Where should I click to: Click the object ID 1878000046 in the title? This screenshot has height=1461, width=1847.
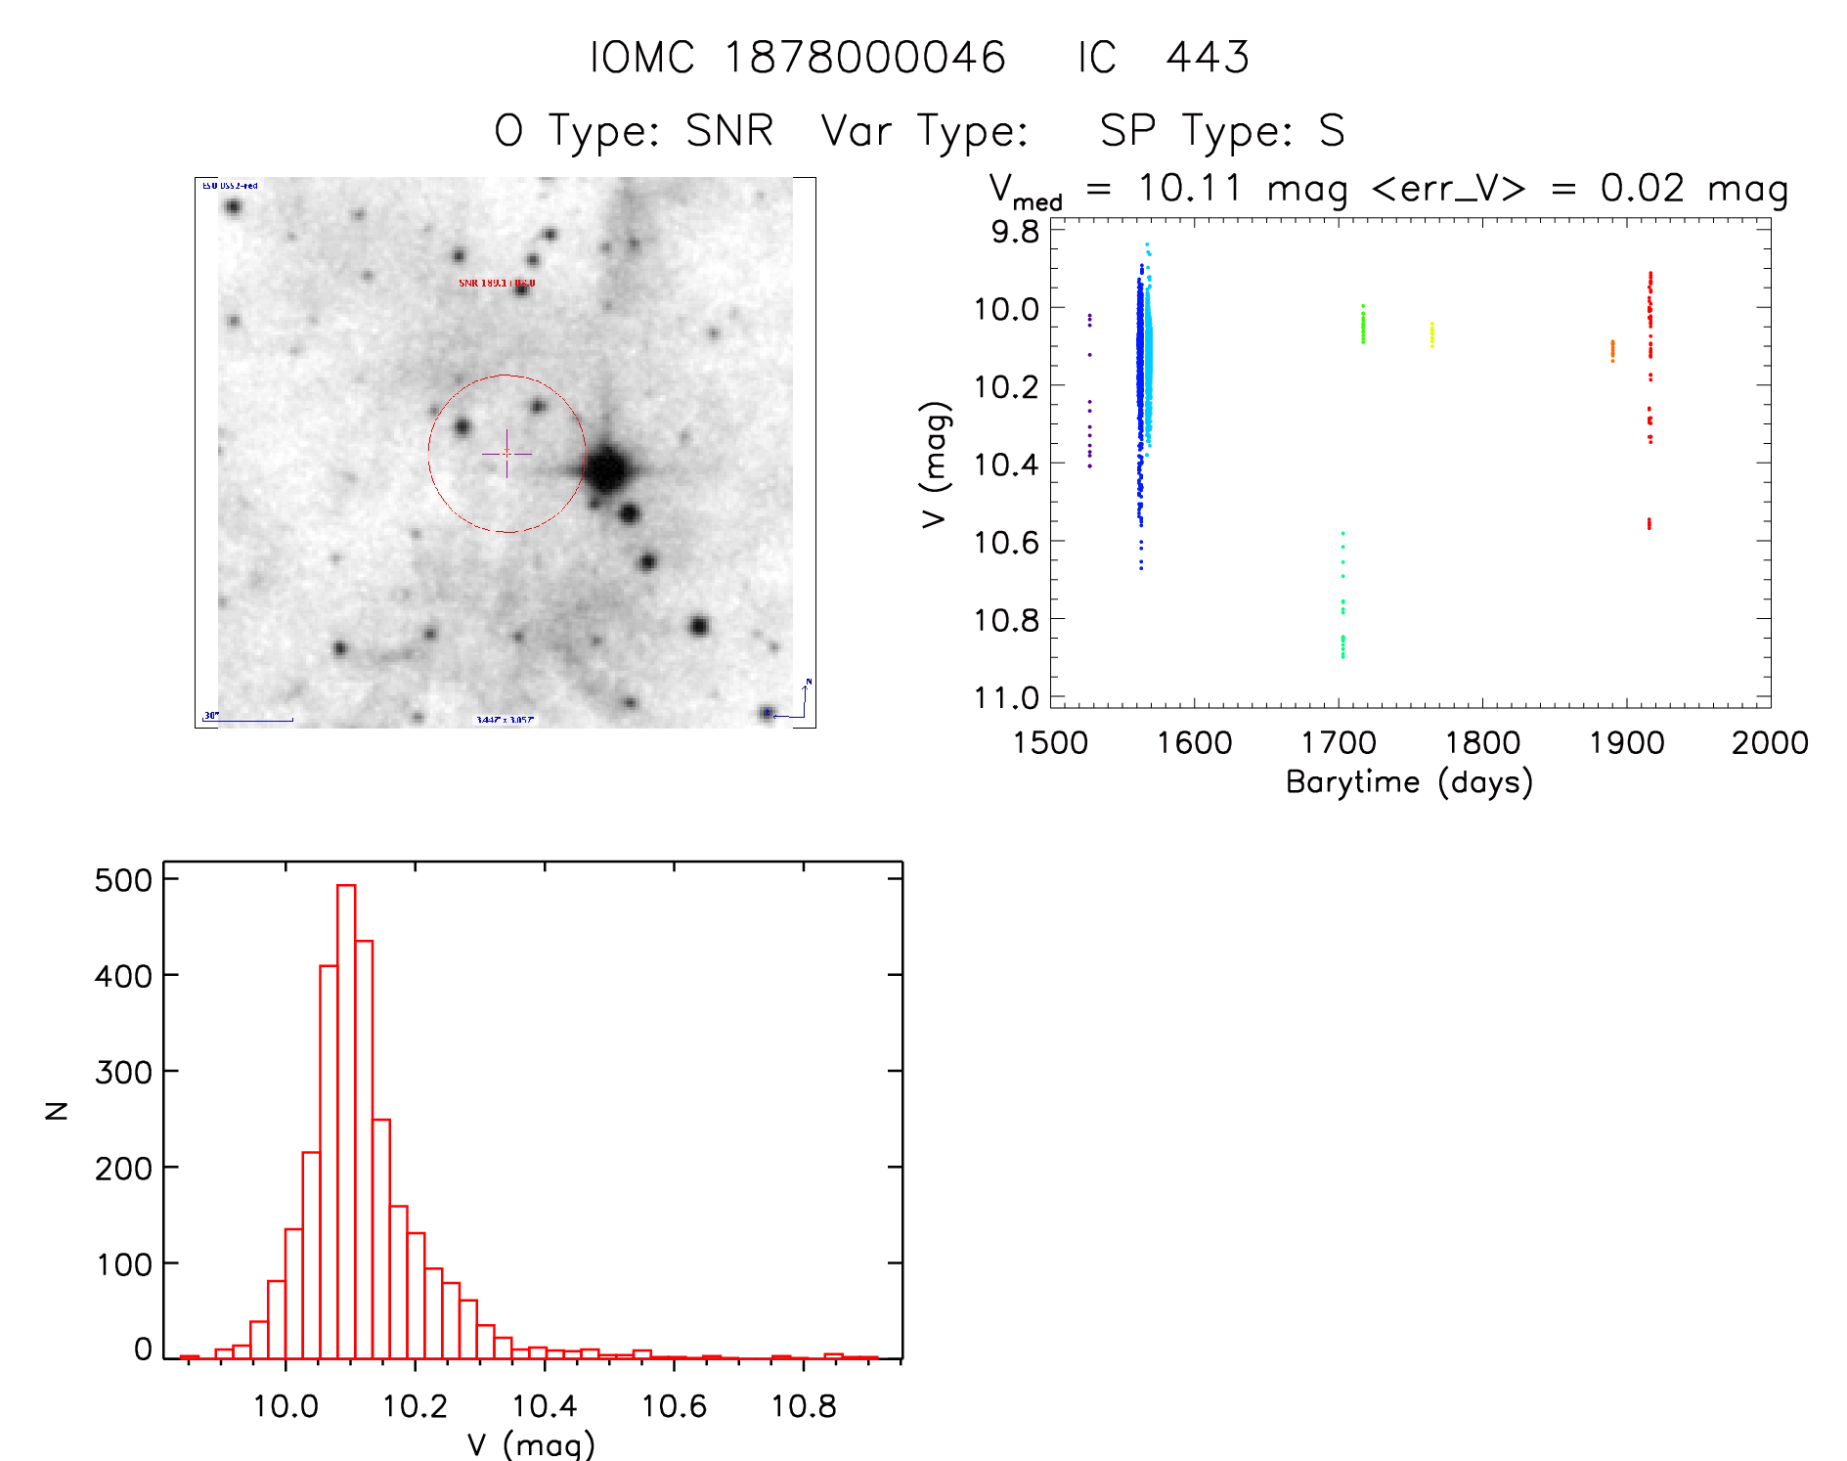[864, 58]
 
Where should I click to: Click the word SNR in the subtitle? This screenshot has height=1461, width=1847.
[729, 131]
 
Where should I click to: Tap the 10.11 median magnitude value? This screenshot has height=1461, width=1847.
[1190, 188]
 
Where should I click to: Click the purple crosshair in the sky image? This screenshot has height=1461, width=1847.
[506, 454]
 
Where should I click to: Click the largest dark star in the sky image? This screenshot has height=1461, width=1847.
[607, 469]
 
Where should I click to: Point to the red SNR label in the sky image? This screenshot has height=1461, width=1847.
[497, 284]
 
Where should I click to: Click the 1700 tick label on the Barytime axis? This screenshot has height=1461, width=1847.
[1338, 743]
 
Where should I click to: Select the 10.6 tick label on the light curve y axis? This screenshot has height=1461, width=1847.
[1006, 542]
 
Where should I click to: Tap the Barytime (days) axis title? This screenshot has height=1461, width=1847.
[1409, 782]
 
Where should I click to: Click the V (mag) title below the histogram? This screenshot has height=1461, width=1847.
[531, 1444]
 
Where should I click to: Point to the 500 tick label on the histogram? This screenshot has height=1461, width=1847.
[123, 880]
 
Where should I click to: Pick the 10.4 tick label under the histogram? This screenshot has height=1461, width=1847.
[545, 1406]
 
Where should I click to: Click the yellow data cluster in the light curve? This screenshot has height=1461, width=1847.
[1431, 334]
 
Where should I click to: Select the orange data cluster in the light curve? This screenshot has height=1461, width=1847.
[1612, 350]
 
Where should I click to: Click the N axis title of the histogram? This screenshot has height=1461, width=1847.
[58, 1110]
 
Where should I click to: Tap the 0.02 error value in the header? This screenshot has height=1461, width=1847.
[1643, 188]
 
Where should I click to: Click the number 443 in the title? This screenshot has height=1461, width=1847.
[1208, 58]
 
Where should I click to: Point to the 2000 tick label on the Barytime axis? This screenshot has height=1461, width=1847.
[1770, 743]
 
